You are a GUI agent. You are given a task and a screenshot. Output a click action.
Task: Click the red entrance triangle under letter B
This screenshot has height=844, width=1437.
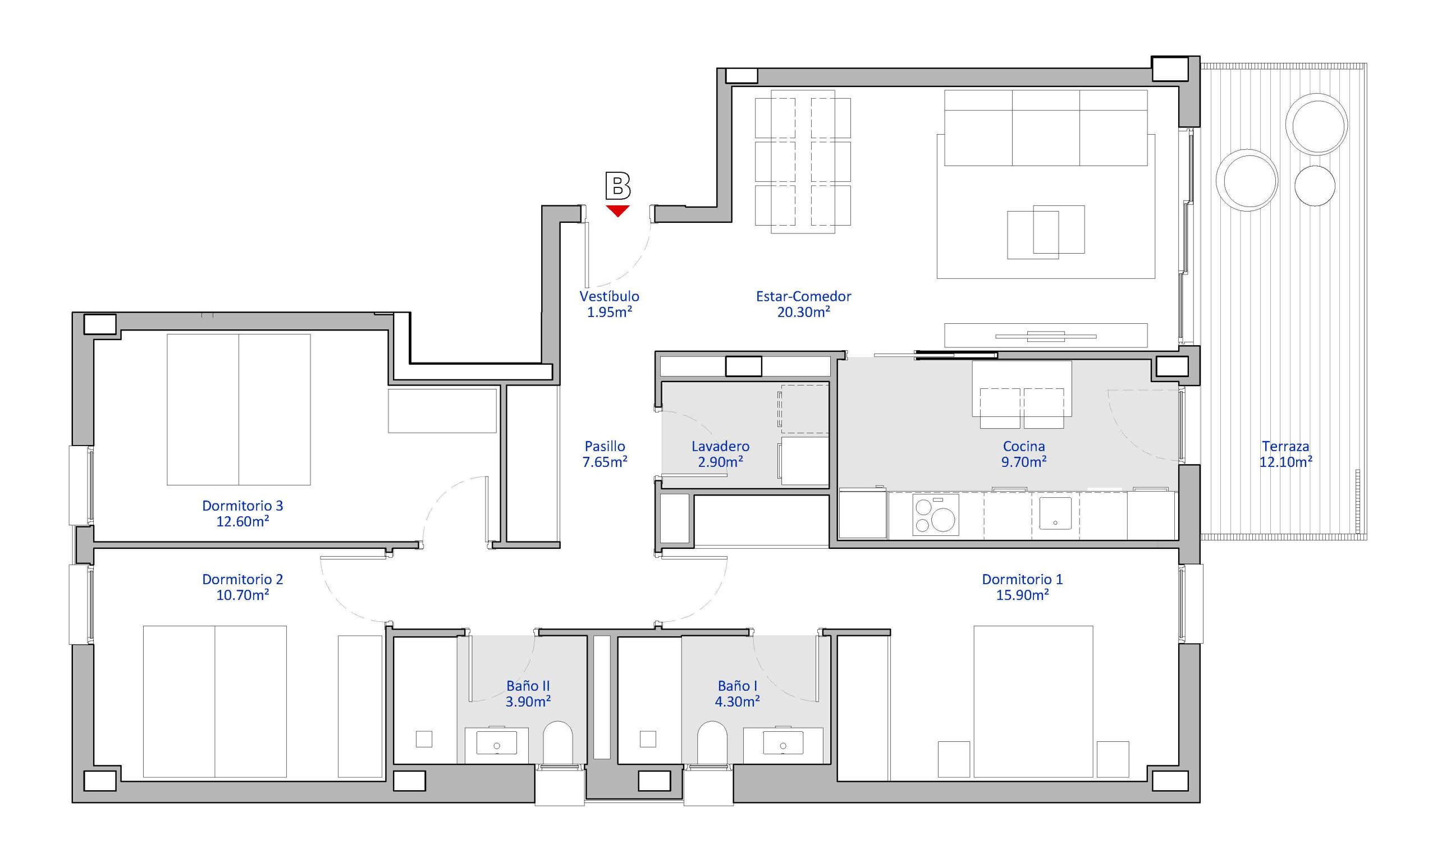pos(617,211)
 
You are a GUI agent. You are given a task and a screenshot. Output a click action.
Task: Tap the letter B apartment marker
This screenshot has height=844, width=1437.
pos(617,186)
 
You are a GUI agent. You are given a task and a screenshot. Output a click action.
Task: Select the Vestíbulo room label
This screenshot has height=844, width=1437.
pos(609,296)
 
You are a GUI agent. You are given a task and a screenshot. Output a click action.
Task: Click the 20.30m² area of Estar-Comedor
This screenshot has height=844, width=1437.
pos(803,312)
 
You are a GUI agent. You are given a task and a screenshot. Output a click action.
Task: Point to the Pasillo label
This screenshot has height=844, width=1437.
pos(605,447)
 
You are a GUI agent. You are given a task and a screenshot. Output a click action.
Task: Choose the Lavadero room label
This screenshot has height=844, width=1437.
pos(720,447)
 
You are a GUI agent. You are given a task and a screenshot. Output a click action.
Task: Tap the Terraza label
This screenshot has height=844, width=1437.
pos(1285,447)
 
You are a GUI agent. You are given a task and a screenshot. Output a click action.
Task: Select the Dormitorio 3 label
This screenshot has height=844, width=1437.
pos(242,506)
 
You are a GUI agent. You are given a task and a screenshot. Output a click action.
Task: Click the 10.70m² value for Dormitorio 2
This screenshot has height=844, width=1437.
pos(242,595)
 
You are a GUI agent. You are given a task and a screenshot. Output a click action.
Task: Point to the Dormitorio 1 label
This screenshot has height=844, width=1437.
pos(1022,579)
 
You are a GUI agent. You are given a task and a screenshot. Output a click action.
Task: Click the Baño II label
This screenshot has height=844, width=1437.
pos(528,686)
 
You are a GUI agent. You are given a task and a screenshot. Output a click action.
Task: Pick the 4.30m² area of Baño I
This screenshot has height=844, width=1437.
pos(738,701)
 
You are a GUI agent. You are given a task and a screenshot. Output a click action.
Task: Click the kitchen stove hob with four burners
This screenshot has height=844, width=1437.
pos(935,515)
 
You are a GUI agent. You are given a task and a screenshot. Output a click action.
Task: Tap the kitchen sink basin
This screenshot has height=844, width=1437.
pos(1055,513)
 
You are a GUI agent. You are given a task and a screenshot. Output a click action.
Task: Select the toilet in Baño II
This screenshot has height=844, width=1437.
pos(558,742)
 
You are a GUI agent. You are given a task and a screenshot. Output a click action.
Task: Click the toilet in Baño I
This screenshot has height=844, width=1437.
pos(712,742)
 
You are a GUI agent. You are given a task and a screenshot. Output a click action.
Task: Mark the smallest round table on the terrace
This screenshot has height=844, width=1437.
pos(1315,186)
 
